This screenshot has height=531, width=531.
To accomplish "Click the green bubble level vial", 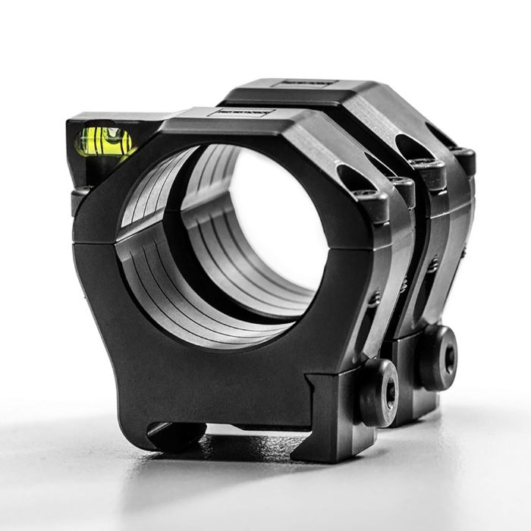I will [103, 141].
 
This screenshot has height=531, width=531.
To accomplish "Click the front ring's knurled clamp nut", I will [377, 391].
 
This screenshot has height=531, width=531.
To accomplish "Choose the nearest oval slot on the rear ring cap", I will [409, 147].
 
